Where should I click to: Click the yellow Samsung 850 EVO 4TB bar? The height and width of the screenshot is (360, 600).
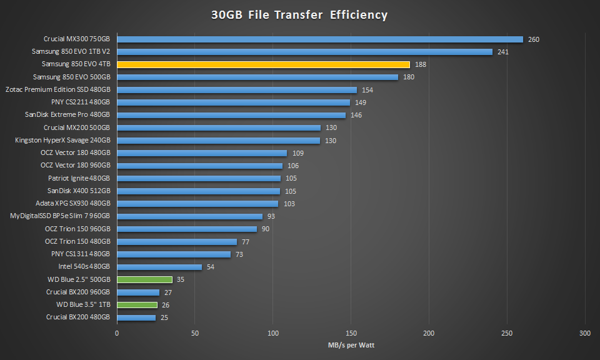pos(263,64)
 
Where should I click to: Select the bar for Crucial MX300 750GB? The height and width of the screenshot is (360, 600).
pos(320,39)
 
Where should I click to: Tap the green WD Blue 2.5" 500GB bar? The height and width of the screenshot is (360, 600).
pos(144,279)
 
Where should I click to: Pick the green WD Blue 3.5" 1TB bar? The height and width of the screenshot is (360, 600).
pos(137,305)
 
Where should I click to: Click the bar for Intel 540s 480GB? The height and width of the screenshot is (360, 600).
pos(159,267)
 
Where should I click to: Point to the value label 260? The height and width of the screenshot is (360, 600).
pos(533,39)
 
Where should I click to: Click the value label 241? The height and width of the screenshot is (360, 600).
pos(503,52)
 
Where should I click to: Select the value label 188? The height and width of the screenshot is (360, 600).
pos(421,64)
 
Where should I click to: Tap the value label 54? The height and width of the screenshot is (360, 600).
pos(211,267)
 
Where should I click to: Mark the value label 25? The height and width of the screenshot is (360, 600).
pos(165,317)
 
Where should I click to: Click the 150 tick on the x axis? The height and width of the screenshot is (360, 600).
pos(351,332)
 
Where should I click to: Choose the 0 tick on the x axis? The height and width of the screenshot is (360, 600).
pos(117,332)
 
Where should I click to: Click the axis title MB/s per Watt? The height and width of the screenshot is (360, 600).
pos(351,345)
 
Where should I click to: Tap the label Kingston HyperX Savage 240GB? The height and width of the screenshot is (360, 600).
pos(62,141)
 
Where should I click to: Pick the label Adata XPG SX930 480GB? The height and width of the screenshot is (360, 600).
pos(73,204)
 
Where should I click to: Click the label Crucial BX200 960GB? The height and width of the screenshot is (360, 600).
pos(78,292)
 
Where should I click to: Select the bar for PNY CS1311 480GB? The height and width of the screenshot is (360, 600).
pos(174,254)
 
